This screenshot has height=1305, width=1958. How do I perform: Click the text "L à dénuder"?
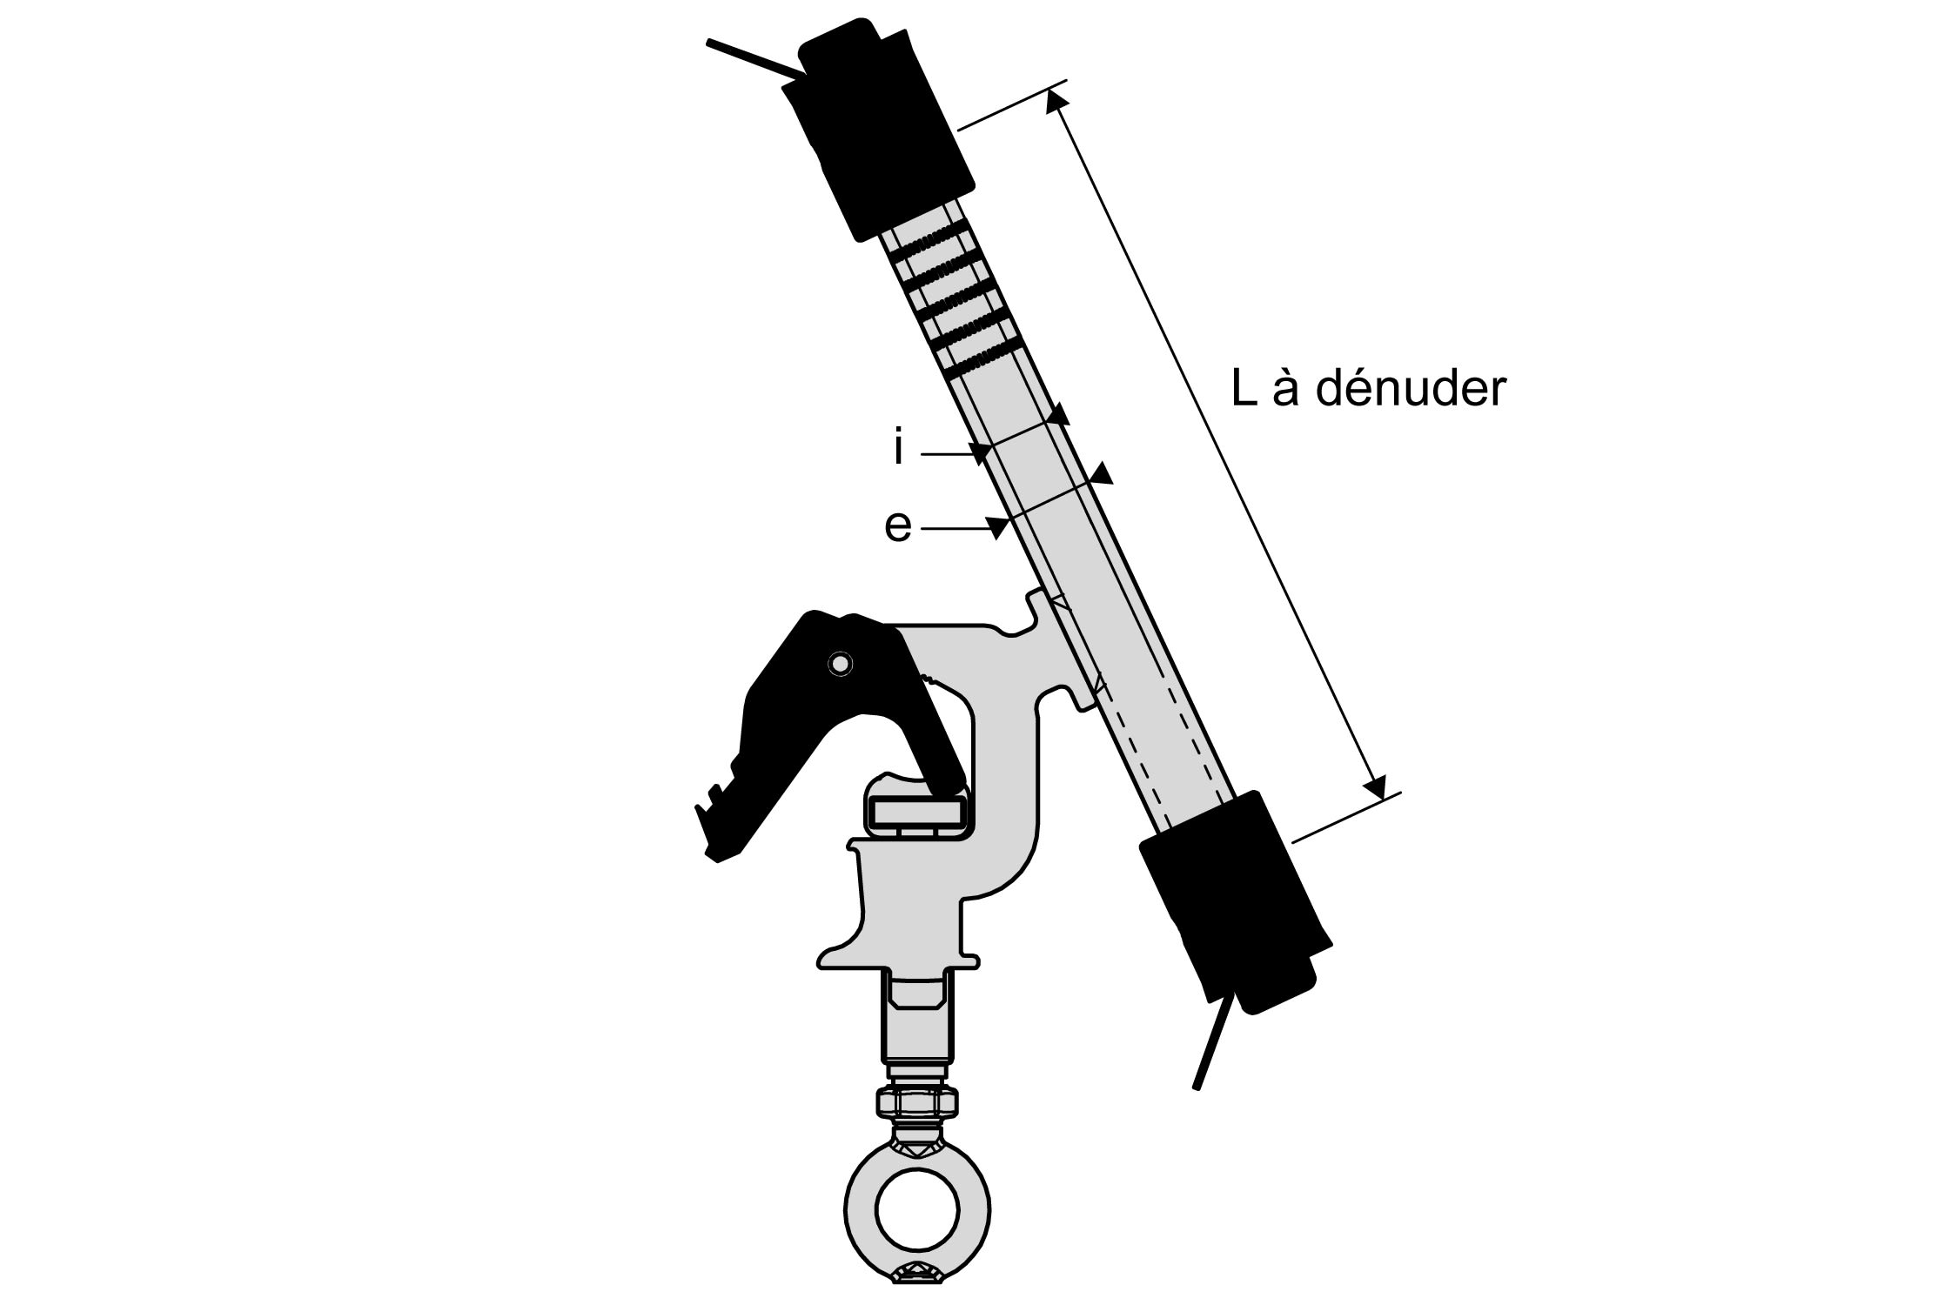(1367, 389)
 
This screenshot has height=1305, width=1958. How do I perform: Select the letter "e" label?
(897, 526)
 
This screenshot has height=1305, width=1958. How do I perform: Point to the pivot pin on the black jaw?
(840, 664)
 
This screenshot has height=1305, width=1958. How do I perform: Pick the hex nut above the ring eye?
(918, 1103)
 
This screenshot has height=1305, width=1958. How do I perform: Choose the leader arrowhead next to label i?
(982, 452)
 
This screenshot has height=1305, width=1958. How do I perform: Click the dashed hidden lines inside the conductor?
(1166, 748)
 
